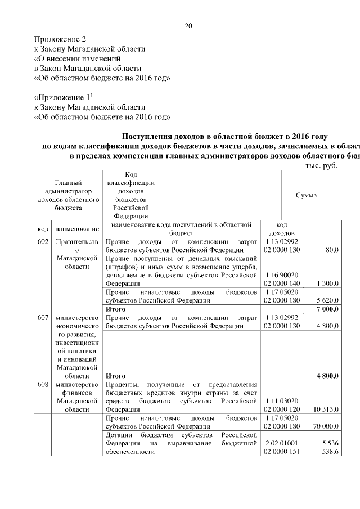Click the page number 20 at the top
pos(189,26)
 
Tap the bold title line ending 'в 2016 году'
pos(224,137)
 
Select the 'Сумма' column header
pos(306,195)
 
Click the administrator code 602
pos(42,241)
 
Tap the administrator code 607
pos(42,318)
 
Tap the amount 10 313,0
pos(326,410)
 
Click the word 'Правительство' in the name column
pos(77,241)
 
